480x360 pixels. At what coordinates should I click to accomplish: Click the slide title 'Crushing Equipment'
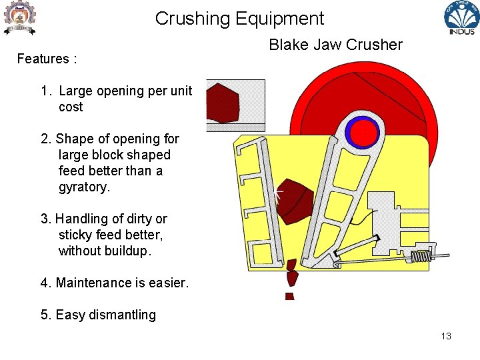pos(239,19)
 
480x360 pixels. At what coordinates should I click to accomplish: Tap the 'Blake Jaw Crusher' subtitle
pos(335,45)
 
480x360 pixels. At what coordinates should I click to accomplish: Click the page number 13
pos(446,336)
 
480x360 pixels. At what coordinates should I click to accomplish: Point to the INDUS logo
pos(461,19)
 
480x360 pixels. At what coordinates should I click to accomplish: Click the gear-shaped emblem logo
pos(19,18)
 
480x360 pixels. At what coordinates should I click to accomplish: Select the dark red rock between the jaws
pos(294,199)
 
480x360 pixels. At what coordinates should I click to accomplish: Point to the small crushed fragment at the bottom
pos(289,296)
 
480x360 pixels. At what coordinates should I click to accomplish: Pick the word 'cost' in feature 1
pos(71,107)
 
